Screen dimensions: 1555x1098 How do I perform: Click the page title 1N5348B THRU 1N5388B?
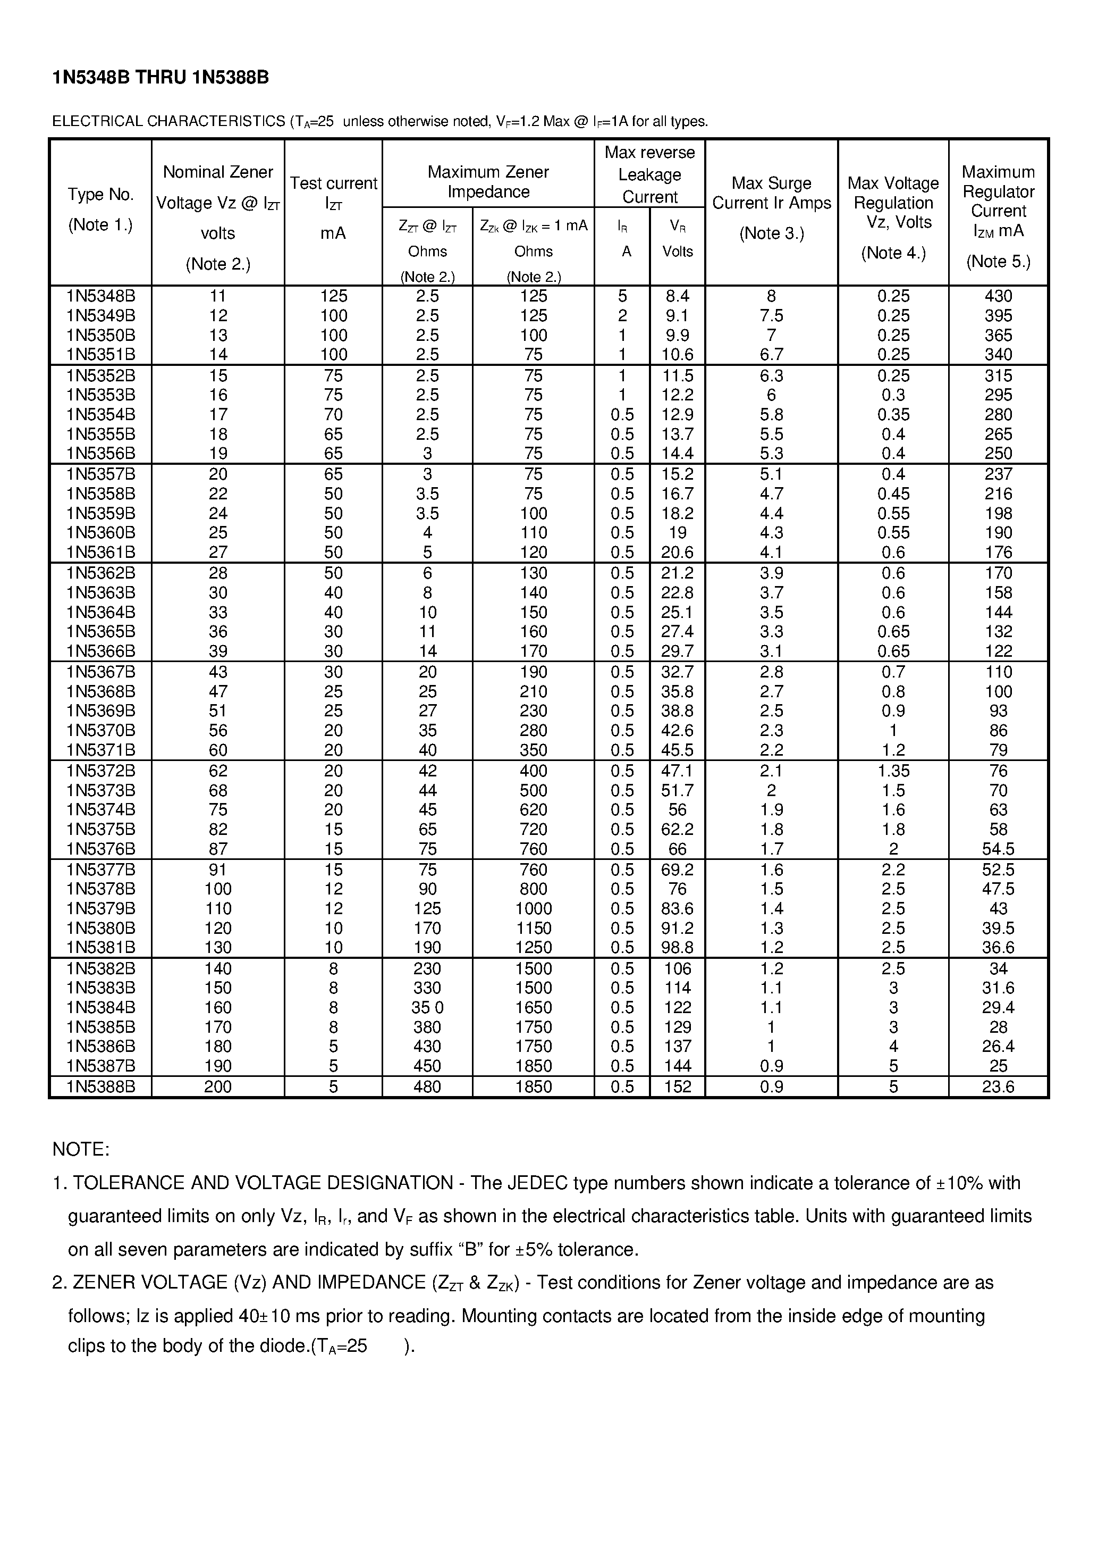pos(161,78)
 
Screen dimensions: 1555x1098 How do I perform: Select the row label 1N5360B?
pos(101,532)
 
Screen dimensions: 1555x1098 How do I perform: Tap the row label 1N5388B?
pos(101,1086)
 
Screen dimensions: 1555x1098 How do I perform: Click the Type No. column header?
pos(101,195)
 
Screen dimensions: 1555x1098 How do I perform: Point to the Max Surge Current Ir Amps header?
pos(771,193)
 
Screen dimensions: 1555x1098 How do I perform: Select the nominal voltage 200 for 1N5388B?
pos(218,1086)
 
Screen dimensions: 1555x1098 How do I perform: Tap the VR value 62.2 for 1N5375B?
pos(677,829)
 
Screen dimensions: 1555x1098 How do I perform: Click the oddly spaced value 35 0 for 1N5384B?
pos(427,1007)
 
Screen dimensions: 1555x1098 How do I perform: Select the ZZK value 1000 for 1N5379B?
pos(534,908)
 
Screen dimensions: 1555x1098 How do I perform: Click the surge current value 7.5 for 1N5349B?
pos(771,315)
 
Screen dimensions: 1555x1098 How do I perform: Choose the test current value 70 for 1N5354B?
pos(333,414)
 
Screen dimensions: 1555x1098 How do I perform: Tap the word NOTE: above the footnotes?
pos(81,1149)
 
